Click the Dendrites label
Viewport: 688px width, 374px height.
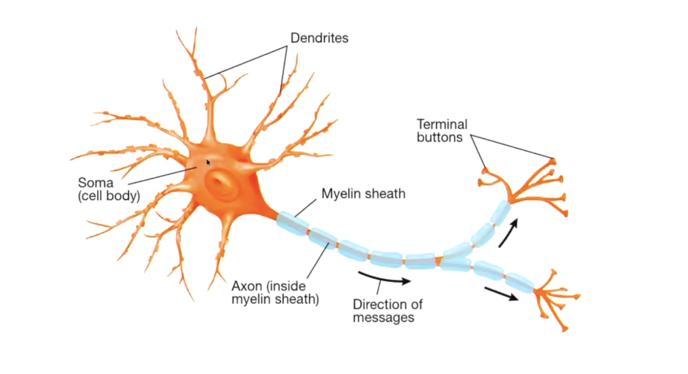click(x=319, y=38)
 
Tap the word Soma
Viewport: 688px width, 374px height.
click(x=96, y=183)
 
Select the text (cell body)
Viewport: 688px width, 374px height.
click(x=109, y=196)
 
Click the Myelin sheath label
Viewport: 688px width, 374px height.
click(x=363, y=194)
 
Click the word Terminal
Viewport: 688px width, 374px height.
click(x=442, y=124)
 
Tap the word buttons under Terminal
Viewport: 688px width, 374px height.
click(x=439, y=138)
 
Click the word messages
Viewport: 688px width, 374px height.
click(x=383, y=318)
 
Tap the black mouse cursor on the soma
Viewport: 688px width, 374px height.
click(x=208, y=163)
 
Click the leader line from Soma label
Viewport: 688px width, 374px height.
click(x=162, y=176)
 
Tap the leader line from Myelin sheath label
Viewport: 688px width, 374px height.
click(x=306, y=208)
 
